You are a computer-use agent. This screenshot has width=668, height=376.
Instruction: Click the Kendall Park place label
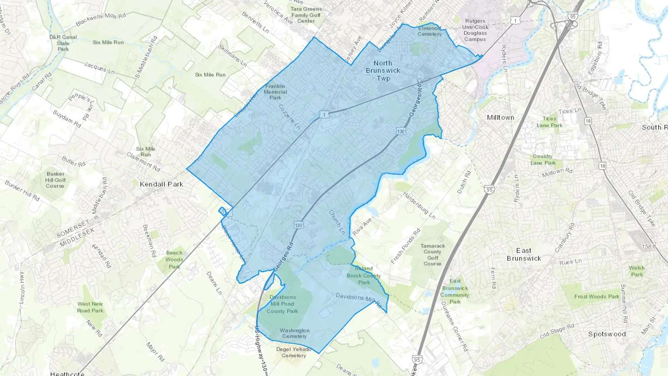tap(161, 184)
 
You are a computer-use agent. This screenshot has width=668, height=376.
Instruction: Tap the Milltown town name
tap(500, 118)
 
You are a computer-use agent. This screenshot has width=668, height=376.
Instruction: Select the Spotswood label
tap(607, 334)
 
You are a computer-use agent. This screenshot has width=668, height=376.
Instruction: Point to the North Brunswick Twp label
tap(383, 71)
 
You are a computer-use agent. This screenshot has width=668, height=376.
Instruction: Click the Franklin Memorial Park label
tap(275, 92)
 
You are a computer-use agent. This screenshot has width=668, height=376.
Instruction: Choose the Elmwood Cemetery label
tap(429, 31)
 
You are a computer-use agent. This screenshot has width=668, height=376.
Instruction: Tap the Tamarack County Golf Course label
tap(432, 255)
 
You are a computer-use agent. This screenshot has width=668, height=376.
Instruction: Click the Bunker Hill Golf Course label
tap(55, 180)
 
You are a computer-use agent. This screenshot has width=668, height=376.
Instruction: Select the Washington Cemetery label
tap(294, 333)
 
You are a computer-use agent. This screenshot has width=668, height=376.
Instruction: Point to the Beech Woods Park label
tap(174, 259)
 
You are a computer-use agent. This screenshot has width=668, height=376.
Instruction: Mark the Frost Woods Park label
tap(597, 296)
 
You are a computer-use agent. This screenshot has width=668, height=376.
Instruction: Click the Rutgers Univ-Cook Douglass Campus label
tap(475, 30)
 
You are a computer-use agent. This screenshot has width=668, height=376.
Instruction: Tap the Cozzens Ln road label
tap(289, 117)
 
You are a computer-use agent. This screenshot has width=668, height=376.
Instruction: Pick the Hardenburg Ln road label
tap(419, 205)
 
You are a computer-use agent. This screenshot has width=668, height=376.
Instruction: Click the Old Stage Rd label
tap(557, 331)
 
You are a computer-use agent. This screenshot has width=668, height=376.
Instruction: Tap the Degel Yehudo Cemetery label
tap(294, 352)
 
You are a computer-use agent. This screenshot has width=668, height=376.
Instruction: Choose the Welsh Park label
tap(637, 271)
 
